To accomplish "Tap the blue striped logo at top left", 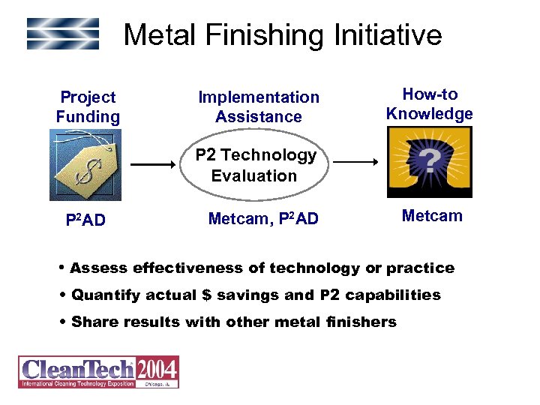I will pos(63,34).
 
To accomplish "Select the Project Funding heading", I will pos(88,107).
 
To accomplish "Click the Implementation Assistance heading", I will pos(258,107).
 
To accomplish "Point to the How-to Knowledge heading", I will pos(429,104).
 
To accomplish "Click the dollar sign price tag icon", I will pos(85,164).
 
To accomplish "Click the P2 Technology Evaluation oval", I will pos(255,165).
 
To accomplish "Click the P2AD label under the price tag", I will pos(85,221).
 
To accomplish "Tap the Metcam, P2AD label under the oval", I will pos(262,219).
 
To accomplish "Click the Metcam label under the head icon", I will pos(432,216).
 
